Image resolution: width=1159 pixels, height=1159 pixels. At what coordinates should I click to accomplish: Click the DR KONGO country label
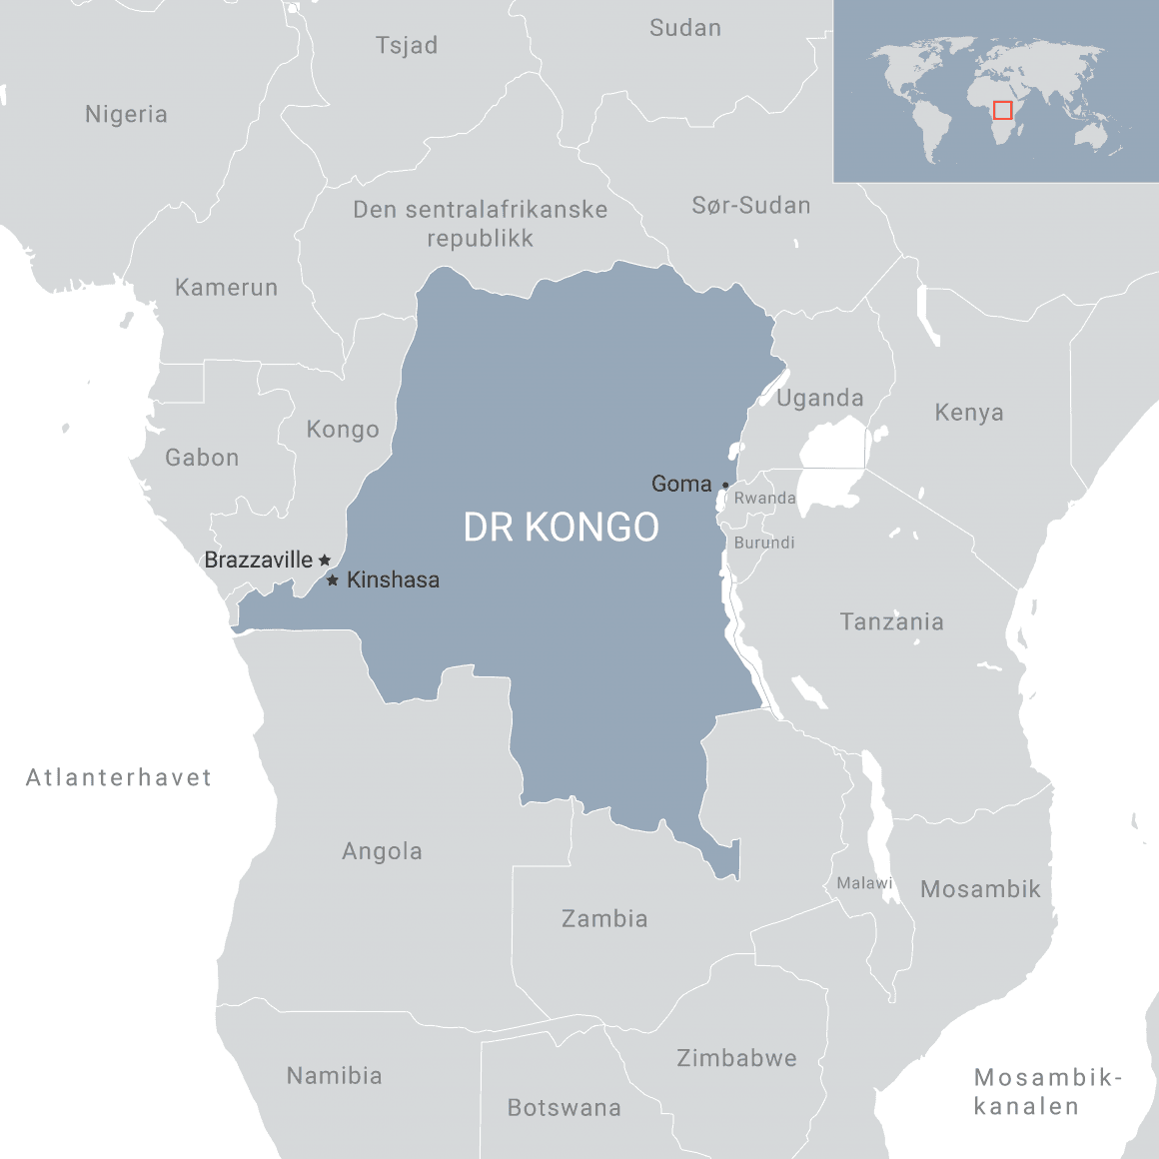561,527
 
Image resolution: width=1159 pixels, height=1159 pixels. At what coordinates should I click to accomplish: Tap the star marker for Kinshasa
333,579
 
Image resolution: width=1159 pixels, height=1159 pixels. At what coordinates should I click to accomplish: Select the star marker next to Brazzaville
324,560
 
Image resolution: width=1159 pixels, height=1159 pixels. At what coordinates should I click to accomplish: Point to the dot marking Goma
725,486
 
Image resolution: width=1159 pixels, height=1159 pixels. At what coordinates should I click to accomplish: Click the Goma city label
681,484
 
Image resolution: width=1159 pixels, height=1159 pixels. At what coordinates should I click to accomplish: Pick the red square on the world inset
1002,110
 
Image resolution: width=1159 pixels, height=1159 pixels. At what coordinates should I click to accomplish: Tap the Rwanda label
764,498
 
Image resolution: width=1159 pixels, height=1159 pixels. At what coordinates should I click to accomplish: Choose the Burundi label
764,543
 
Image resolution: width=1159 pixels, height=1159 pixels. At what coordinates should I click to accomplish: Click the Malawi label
864,883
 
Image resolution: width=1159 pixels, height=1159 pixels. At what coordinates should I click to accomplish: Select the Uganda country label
819,398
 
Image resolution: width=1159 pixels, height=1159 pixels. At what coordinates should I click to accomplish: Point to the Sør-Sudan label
751,206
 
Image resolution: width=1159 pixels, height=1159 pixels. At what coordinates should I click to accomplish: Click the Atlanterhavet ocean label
119,777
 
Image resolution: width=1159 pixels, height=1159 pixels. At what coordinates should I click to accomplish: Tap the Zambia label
604,918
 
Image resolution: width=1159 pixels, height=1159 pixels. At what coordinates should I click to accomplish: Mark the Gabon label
202,458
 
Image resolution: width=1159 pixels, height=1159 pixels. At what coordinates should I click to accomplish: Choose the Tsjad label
407,45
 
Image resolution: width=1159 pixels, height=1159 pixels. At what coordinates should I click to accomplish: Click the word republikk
480,239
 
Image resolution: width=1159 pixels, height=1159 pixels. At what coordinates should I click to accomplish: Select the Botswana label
565,1107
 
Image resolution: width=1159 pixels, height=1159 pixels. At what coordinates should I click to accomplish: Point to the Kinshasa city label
393,579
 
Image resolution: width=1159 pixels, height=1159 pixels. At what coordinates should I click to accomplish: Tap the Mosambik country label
980,889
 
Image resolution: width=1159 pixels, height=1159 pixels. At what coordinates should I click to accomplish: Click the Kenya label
968,412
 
